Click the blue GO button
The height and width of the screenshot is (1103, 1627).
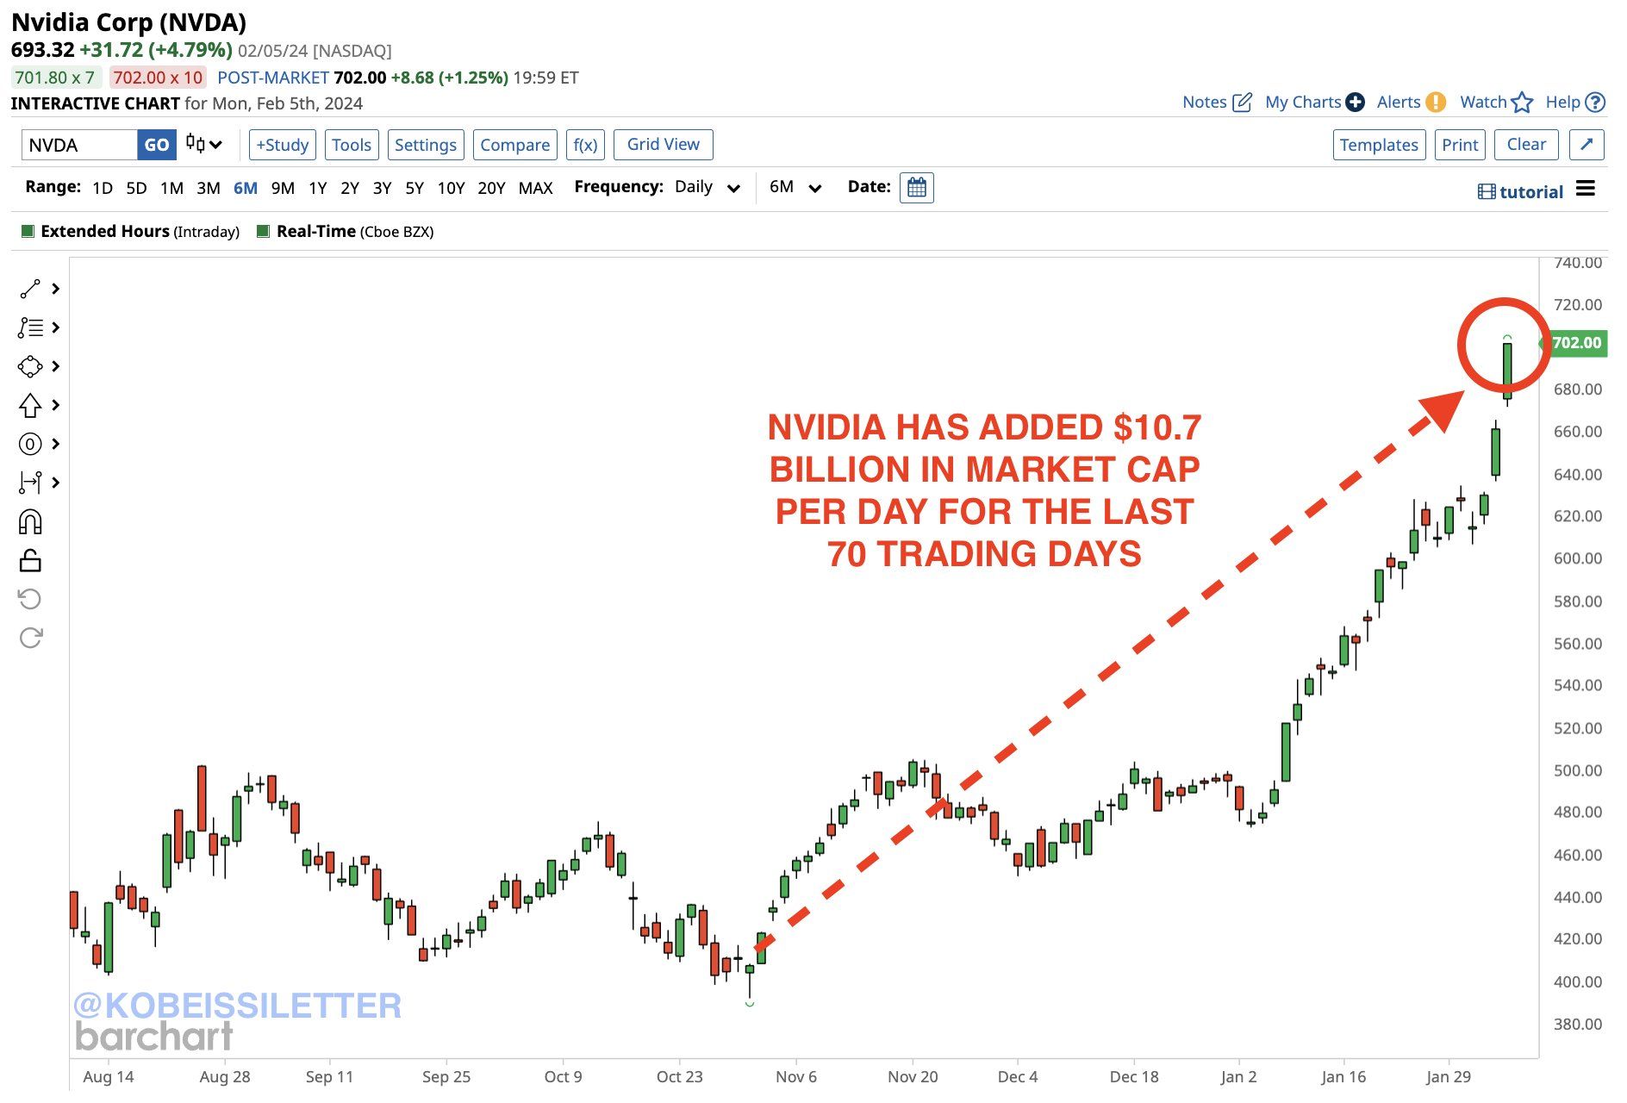[x=156, y=145]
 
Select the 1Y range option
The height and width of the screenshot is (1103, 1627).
[x=317, y=188]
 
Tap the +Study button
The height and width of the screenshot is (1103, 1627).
[x=283, y=145]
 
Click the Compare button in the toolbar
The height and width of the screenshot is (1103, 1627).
[x=514, y=145]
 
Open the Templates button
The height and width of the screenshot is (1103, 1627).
[x=1378, y=145]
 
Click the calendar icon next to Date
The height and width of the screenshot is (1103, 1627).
[x=916, y=188]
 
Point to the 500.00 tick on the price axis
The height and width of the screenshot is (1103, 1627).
[x=1577, y=770]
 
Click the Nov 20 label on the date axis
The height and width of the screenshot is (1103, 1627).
[x=912, y=1076]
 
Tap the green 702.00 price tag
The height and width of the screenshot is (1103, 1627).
[x=1576, y=343]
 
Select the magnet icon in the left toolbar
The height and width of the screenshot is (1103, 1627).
[x=30, y=522]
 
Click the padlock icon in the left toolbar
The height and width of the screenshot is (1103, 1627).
[x=30, y=561]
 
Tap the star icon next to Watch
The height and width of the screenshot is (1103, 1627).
[x=1522, y=103]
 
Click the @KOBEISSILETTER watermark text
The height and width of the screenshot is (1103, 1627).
[x=237, y=1006]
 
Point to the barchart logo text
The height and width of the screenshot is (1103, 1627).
[x=154, y=1037]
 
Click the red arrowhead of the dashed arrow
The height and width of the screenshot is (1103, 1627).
[x=1444, y=409]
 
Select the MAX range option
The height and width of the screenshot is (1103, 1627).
[x=535, y=188]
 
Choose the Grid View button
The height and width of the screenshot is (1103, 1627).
[x=663, y=145]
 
